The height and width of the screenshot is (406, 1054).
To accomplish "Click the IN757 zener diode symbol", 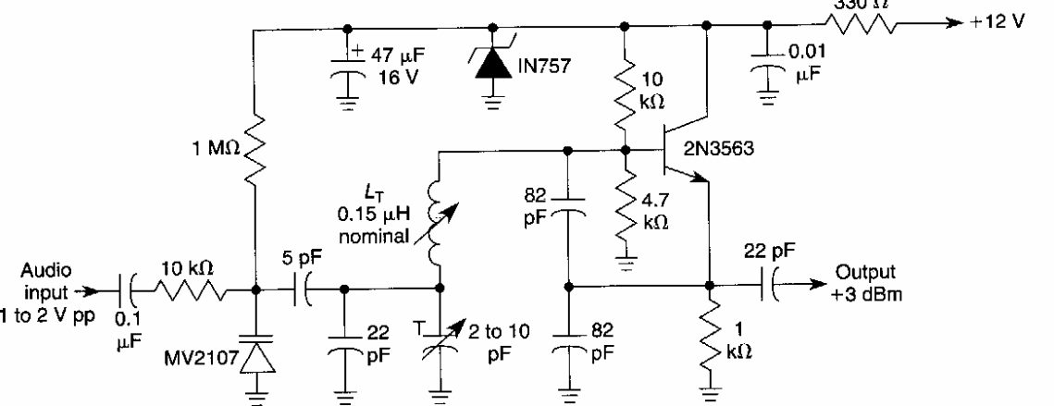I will click(491, 67).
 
